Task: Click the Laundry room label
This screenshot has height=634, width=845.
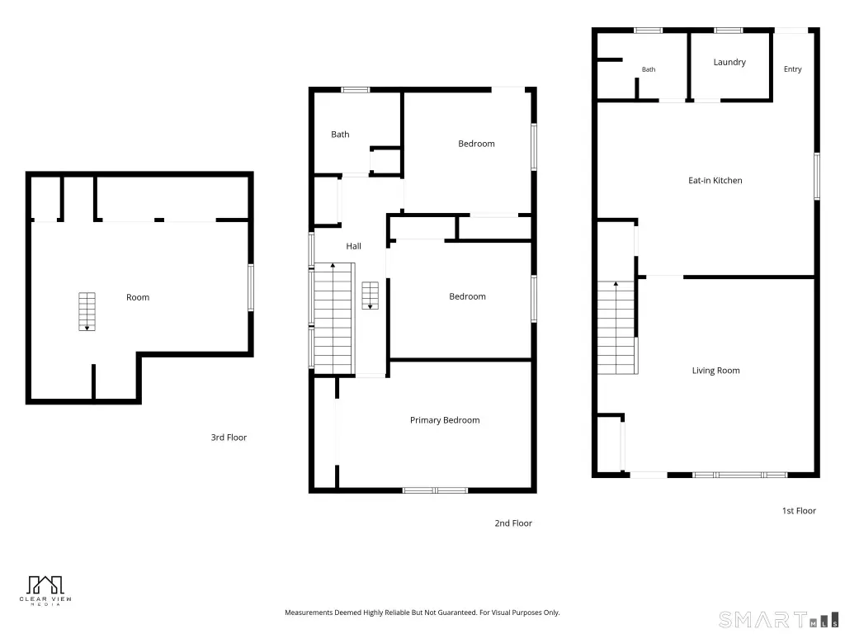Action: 729,62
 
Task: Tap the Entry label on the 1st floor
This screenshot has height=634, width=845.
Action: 792,69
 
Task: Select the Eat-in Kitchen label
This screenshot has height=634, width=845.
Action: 715,180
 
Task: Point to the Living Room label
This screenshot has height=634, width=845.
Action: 715,371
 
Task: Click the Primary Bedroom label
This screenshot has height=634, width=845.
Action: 445,420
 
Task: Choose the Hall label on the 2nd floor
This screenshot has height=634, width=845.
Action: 353,246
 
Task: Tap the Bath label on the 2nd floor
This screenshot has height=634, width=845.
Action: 340,135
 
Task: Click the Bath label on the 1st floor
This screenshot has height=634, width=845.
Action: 649,69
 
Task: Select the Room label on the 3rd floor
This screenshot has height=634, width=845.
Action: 138,297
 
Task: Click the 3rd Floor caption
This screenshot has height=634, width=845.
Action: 229,438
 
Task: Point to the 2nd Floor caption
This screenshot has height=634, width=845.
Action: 513,523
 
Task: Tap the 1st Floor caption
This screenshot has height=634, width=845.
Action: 799,510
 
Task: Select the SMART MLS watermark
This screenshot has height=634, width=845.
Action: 779,619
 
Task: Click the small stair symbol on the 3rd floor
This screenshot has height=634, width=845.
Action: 87,311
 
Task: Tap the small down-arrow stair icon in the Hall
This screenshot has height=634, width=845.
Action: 370,296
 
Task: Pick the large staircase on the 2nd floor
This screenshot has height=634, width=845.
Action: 334,319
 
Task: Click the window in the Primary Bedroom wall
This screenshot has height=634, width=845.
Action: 436,490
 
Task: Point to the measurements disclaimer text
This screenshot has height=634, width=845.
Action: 422,613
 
